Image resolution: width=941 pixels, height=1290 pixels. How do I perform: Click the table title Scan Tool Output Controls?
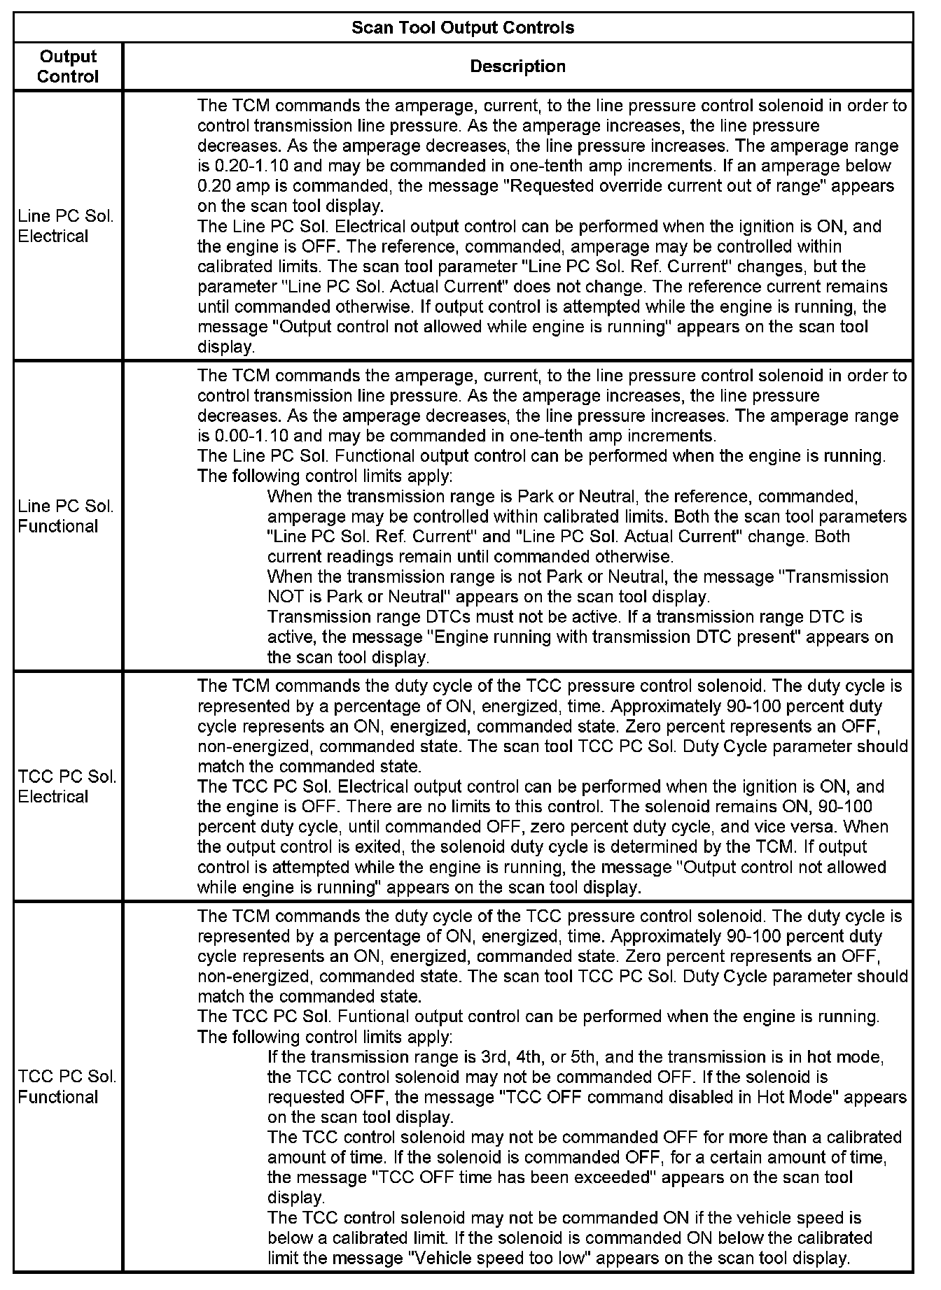(462, 27)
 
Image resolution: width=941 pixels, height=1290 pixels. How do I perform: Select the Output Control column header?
(68, 66)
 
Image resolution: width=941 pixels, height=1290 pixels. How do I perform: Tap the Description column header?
(517, 66)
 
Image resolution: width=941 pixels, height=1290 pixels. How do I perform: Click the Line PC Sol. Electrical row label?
(65, 227)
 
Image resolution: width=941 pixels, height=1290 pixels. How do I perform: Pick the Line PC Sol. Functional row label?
(65, 516)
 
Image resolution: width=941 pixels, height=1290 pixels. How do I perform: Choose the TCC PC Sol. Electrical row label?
(67, 787)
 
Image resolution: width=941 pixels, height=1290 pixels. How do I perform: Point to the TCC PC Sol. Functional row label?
(67, 1086)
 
